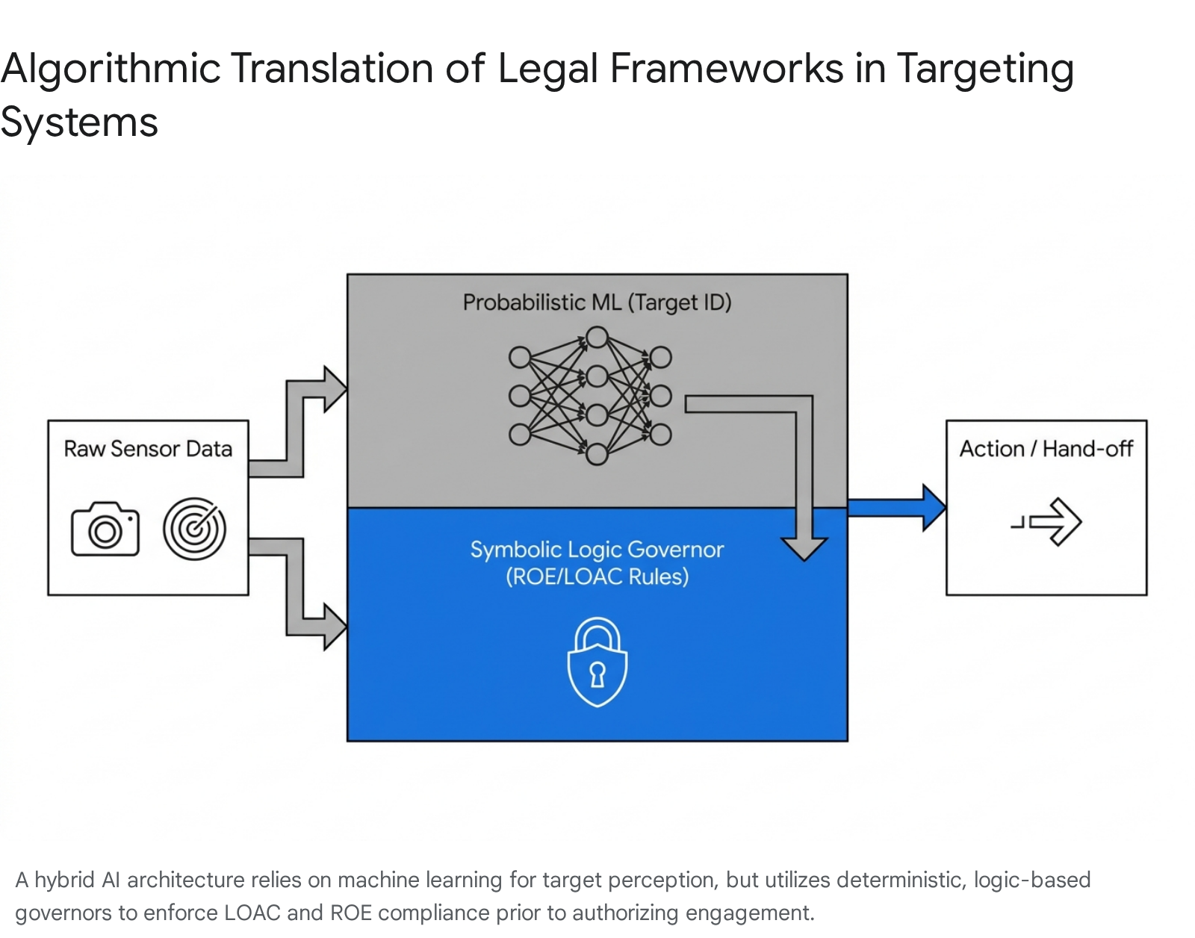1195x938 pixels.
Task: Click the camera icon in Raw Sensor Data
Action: [105, 529]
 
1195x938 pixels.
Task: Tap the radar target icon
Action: [194, 529]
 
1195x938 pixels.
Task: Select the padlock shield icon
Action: [597, 662]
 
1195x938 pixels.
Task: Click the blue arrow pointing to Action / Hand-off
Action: [896, 508]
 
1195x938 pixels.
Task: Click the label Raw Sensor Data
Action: [148, 449]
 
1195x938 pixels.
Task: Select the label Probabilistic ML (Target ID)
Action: [597, 302]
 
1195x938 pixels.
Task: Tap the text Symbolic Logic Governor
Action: [597, 550]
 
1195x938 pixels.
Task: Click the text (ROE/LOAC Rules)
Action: [597, 577]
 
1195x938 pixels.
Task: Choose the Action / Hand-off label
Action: [1046, 449]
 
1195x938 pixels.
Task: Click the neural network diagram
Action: [590, 396]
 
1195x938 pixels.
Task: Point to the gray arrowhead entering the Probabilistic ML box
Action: [334, 388]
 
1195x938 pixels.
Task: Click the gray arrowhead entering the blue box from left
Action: [334, 627]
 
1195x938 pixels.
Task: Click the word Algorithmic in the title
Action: [111, 69]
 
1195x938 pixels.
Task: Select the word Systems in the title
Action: [79, 122]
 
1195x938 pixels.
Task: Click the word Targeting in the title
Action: [984, 69]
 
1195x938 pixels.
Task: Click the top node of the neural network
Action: [597, 338]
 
